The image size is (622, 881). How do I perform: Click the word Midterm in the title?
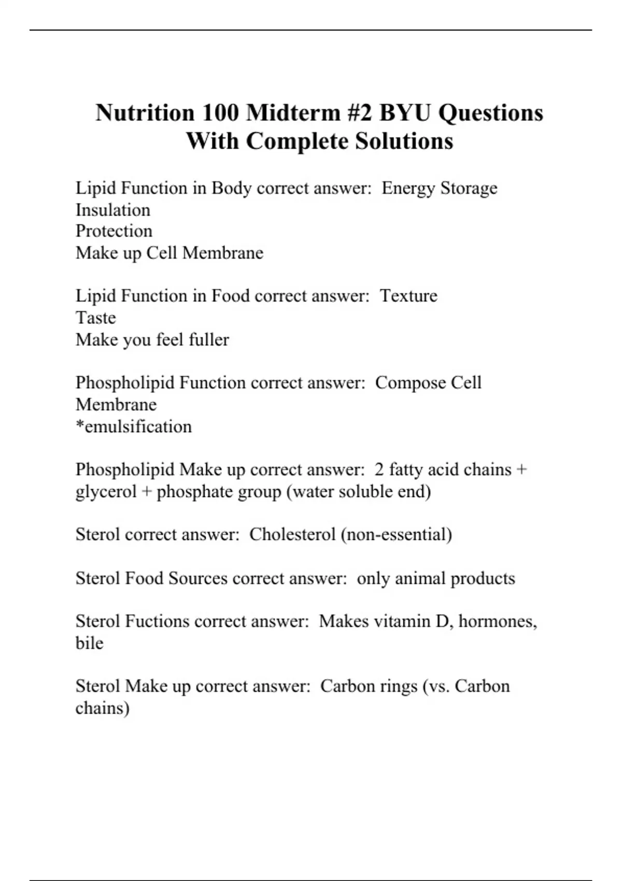292,112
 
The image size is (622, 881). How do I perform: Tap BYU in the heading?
405,112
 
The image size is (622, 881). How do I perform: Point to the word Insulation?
113,210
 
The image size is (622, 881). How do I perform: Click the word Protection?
114,231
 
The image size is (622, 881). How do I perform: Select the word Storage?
469,188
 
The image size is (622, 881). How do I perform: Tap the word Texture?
408,296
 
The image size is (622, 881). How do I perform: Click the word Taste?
95,318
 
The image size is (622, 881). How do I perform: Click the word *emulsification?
134,427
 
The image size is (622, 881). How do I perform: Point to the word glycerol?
106,491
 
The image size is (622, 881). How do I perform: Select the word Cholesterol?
292,534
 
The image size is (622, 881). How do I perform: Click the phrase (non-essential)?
396,534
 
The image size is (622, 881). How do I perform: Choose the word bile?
89,643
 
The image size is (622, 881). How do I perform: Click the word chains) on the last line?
102,708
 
